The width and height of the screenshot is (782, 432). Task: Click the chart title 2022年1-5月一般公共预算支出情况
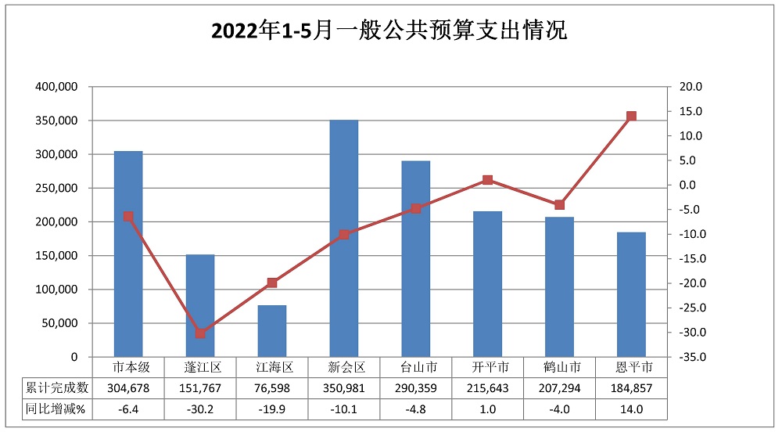coord(389,32)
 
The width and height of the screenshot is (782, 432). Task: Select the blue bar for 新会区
coord(344,238)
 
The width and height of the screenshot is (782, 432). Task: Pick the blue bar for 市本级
coord(128,254)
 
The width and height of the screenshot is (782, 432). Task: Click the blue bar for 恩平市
coord(631,294)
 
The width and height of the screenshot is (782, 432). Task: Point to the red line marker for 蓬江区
coord(200,333)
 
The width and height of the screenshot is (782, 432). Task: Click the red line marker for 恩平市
coord(631,116)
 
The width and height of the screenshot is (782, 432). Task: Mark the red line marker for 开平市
coord(488,180)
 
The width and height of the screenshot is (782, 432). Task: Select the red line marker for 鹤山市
coord(559,205)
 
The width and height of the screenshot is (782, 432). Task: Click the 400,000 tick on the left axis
coord(57,87)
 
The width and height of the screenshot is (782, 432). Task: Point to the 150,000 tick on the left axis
coord(57,256)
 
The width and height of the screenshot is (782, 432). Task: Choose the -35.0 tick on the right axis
coord(691,357)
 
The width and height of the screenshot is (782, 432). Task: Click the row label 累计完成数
coord(57,387)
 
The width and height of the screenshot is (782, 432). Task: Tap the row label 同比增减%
coord(57,408)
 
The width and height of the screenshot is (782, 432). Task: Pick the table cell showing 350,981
coord(344,387)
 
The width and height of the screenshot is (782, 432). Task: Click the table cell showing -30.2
coord(200,408)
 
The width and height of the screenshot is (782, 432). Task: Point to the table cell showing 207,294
coord(559,387)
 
